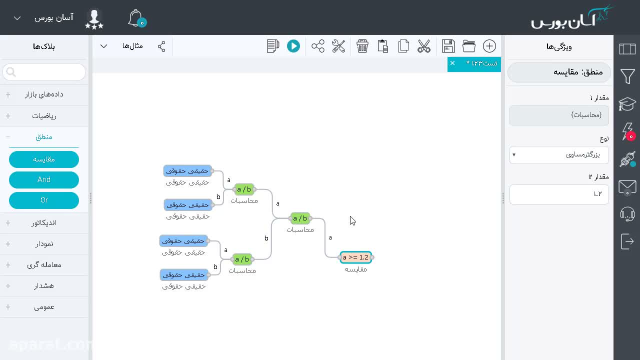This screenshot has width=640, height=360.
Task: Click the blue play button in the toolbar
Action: pyautogui.click(x=293, y=46)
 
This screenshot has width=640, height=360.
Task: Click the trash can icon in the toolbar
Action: pyautogui.click(x=362, y=46)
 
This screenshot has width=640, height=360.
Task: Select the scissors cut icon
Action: pyautogui.click(x=423, y=46)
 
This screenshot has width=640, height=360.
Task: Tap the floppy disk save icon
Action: pyautogui.click(x=448, y=46)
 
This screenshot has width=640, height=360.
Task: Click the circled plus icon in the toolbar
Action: pyautogui.click(x=489, y=46)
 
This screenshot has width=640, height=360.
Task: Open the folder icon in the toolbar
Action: pyautogui.click(x=469, y=46)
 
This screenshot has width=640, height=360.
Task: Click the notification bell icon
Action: pyautogui.click(x=137, y=18)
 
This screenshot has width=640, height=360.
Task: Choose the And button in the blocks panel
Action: pyautogui.click(x=44, y=179)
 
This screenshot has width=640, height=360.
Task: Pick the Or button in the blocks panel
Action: pyautogui.click(x=44, y=200)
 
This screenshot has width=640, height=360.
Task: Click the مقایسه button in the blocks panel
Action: pyautogui.click(x=44, y=159)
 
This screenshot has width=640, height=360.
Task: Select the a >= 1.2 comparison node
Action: pyautogui.click(x=356, y=257)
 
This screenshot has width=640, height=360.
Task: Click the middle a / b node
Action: pyautogui.click(x=300, y=218)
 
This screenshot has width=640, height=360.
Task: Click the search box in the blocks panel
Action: pyautogui.click(x=44, y=72)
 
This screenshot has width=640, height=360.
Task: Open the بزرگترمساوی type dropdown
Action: pyautogui.click(x=559, y=155)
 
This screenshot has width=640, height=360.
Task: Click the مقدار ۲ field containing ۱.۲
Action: pyautogui.click(x=559, y=194)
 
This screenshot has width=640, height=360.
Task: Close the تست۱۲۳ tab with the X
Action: pyautogui.click(x=452, y=63)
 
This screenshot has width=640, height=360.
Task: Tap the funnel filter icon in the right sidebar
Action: pyautogui.click(x=627, y=76)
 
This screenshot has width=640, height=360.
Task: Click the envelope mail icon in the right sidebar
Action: pyautogui.click(x=627, y=187)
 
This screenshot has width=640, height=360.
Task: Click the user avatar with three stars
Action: pyautogui.click(x=94, y=19)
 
